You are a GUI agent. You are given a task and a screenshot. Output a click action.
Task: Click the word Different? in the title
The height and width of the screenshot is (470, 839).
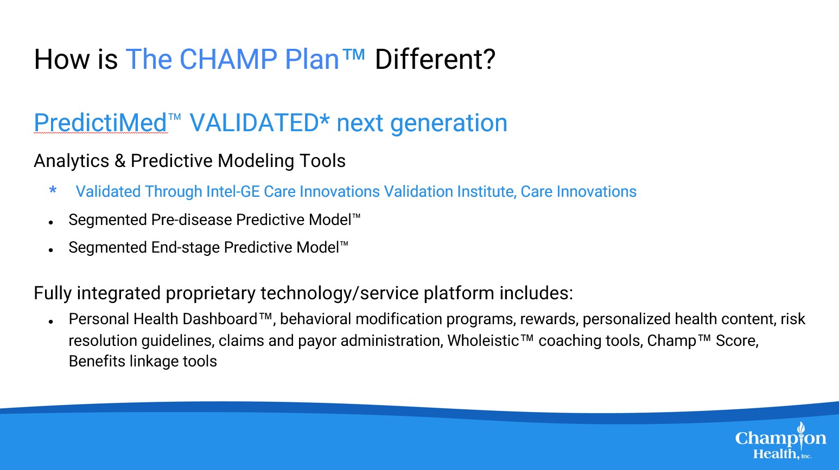(x=435, y=59)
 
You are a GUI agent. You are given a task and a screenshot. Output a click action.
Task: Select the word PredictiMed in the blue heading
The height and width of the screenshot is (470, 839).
(x=100, y=123)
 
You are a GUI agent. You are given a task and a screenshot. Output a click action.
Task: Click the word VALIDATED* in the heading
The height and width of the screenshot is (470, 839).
(x=259, y=123)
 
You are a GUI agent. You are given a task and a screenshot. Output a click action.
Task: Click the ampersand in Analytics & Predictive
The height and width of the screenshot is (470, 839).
(x=120, y=161)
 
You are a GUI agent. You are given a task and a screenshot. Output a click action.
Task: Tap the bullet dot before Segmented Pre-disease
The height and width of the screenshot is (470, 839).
(x=51, y=223)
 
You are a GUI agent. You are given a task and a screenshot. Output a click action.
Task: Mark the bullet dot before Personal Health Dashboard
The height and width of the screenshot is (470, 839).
(x=51, y=322)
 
